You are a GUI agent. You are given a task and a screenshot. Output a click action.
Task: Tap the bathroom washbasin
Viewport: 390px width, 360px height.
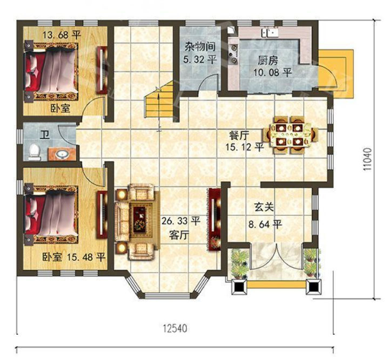click(x=62, y=154)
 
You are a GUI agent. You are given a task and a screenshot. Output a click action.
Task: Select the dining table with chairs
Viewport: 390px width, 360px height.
click(x=291, y=135)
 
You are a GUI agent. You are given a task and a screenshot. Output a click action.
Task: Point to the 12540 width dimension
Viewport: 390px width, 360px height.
click(x=175, y=329)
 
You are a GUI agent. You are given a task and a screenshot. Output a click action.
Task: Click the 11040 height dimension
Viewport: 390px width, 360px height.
click(x=368, y=159)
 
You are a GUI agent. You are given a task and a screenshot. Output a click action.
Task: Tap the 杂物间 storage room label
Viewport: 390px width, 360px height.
click(x=200, y=47)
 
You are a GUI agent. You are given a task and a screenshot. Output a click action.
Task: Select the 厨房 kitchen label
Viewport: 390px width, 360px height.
click(x=267, y=60)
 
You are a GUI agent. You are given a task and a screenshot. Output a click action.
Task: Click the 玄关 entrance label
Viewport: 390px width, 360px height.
click(x=264, y=207)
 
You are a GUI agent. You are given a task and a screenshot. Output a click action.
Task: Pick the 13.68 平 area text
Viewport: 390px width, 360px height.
click(x=62, y=35)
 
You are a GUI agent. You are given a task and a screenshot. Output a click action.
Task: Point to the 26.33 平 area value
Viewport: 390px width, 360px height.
click(x=181, y=221)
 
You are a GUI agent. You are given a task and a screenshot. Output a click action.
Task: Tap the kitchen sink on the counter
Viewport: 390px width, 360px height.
click(x=270, y=32)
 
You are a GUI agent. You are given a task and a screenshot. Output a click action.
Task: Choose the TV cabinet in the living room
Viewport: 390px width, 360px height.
click(x=214, y=219)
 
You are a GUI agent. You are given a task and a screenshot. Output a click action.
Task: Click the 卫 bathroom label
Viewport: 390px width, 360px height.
click(x=45, y=135)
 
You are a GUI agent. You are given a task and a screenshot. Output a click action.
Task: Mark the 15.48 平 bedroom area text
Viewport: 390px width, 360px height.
click(x=86, y=257)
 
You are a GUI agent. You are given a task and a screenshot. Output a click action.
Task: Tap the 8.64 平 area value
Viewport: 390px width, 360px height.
click(x=265, y=225)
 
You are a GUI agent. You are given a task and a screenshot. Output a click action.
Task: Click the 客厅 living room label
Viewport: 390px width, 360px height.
click(x=179, y=235)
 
